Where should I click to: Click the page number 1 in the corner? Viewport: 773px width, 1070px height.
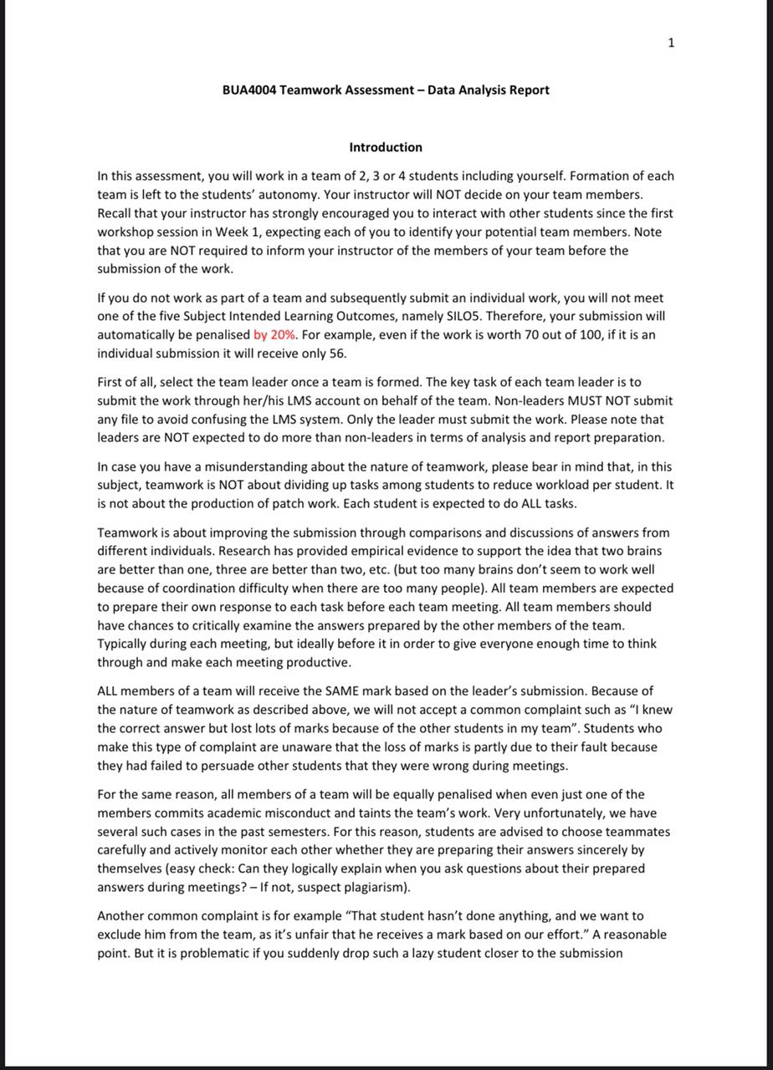[x=671, y=43]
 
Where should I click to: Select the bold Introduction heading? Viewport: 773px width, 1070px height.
[x=386, y=147]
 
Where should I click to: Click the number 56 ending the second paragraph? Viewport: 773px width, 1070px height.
[x=337, y=353]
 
